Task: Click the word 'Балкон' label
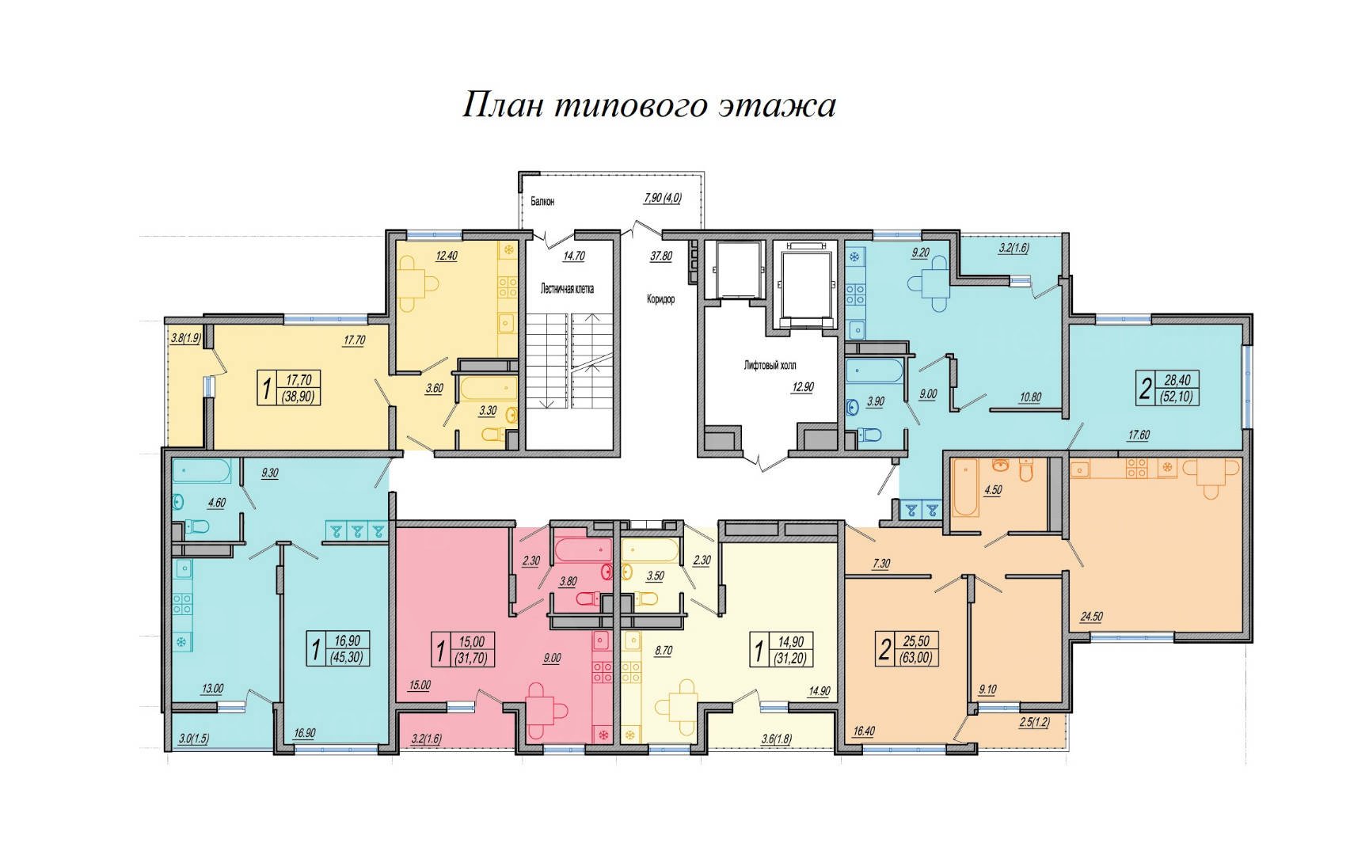542,201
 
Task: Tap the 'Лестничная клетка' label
567,288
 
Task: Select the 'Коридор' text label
660,299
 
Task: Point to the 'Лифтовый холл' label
770,366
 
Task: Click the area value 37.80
660,256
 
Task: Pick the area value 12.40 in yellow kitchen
446,256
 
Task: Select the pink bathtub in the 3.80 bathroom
583,549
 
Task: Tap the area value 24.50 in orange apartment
1093,617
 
